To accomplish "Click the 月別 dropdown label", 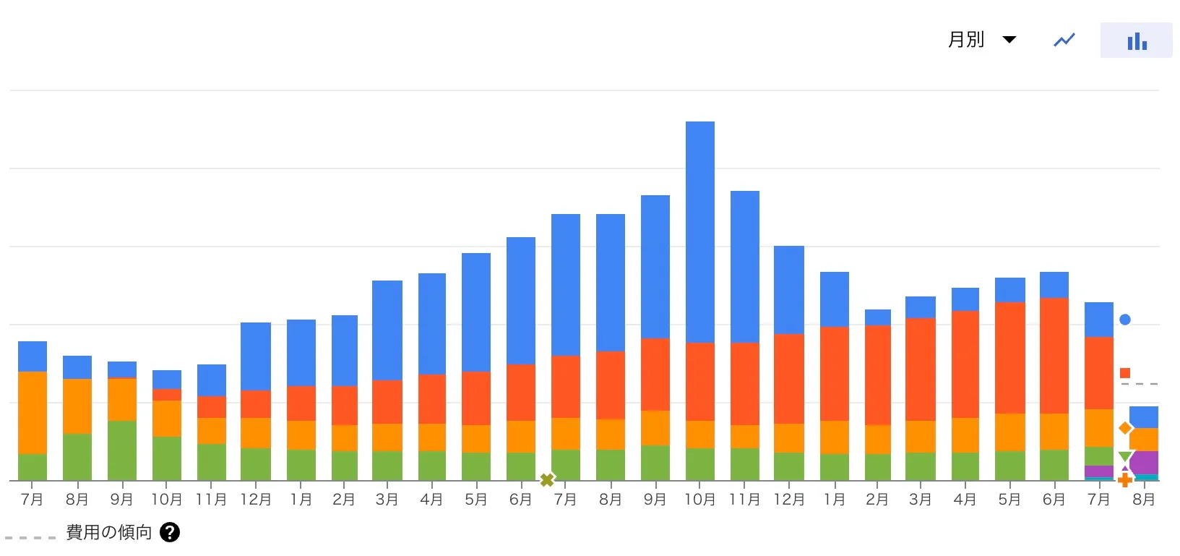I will tap(965, 40).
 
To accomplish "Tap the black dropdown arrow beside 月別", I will tap(1009, 40).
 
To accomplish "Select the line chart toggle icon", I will tap(1064, 40).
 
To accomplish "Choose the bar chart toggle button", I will tap(1136, 40).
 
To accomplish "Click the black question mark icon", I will tap(170, 533).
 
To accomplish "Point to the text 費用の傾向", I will tap(109, 533).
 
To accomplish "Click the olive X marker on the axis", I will tap(547, 479).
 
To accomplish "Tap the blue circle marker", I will tap(1125, 320).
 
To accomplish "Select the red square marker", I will tap(1125, 373).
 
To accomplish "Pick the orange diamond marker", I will tap(1125, 428).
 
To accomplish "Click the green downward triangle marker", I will tap(1125, 456).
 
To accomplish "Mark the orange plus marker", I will tap(1125, 480).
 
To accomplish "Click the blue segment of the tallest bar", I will tap(699, 231).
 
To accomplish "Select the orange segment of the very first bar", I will tap(33, 412).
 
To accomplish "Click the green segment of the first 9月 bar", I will tap(122, 450).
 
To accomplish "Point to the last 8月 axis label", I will tap(1143, 500).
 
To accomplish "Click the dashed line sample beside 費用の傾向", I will tap(30, 537).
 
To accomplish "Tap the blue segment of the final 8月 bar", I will tap(1144, 417).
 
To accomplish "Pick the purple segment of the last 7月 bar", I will tap(1098, 471).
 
